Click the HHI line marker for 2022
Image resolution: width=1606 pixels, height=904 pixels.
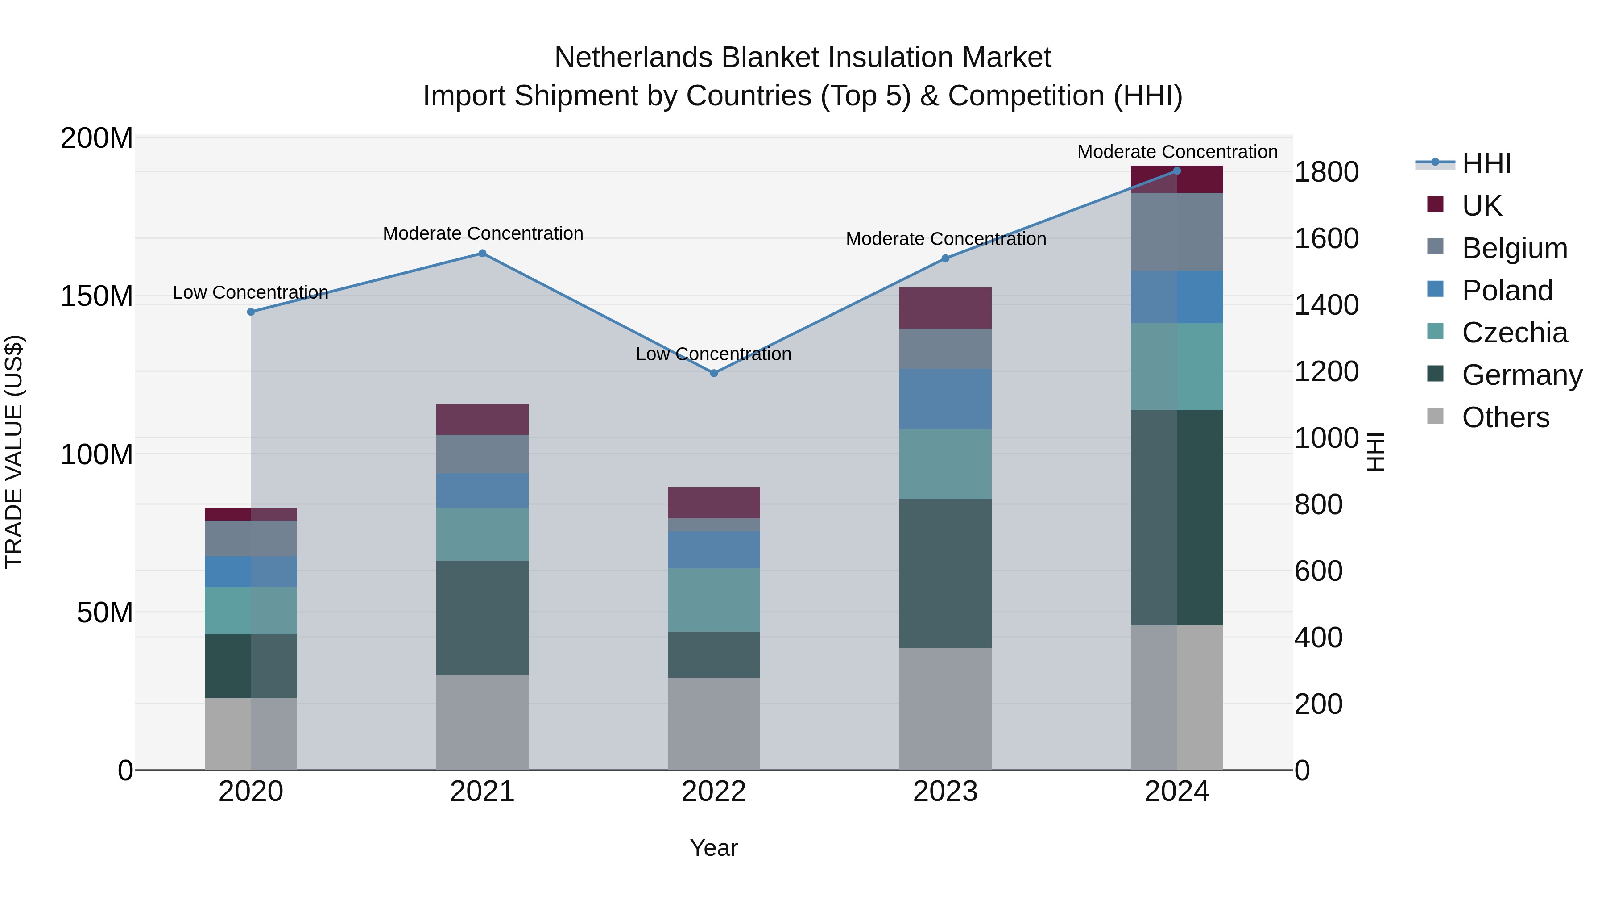coord(714,373)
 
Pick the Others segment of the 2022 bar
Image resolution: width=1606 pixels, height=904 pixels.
coord(714,724)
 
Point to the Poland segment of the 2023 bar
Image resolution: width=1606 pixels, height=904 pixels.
coord(945,399)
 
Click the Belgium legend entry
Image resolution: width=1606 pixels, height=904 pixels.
coord(1514,248)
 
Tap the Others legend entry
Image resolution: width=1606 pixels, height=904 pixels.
coord(1505,417)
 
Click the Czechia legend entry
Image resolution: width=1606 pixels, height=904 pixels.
coord(1514,333)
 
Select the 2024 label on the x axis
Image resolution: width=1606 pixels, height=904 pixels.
coord(1176,792)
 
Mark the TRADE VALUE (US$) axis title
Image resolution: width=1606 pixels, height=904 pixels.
coord(14,452)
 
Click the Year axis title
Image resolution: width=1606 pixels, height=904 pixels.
coord(714,848)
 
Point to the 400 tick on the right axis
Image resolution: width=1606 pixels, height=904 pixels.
coord(1318,637)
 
